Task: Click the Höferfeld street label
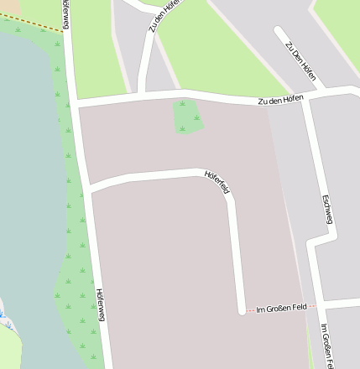(x=217, y=182)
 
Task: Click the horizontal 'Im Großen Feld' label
(x=279, y=308)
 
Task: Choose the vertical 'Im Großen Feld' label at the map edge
(x=329, y=346)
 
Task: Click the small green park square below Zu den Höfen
(x=189, y=116)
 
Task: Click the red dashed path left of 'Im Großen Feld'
(x=249, y=309)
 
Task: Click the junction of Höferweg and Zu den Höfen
(x=76, y=104)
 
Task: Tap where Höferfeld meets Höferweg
(x=87, y=189)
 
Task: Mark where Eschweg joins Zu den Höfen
(x=310, y=95)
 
